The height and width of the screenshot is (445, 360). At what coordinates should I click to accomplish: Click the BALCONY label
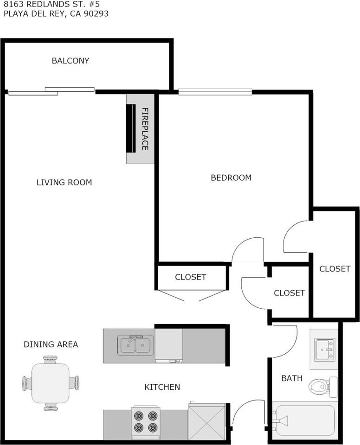(x=71, y=61)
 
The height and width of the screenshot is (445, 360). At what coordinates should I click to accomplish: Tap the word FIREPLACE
(x=145, y=129)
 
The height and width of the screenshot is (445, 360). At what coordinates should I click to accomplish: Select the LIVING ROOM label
(x=64, y=182)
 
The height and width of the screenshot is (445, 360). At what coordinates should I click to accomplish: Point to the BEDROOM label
(x=231, y=178)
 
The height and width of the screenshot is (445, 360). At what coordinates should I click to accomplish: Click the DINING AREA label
(x=51, y=344)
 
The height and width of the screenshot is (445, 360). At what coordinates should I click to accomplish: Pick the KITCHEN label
(x=162, y=387)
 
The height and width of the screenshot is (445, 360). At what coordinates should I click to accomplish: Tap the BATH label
(x=292, y=378)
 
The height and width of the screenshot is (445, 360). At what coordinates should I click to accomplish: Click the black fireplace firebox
(x=131, y=129)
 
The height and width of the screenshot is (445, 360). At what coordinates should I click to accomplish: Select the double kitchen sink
(x=135, y=345)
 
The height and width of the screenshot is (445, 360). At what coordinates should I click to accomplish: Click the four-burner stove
(x=146, y=422)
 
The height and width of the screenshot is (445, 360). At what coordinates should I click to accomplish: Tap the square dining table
(x=51, y=383)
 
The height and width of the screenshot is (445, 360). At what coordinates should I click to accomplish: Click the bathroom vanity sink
(x=325, y=350)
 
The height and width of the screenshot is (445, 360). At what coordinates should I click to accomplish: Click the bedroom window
(x=215, y=92)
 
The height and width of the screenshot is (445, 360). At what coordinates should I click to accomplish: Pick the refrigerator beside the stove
(x=207, y=421)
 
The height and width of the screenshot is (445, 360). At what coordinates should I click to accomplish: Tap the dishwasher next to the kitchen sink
(x=169, y=346)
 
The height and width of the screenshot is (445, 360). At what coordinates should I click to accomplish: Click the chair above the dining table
(x=51, y=360)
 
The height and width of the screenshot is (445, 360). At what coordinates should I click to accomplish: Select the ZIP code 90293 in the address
(x=96, y=13)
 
